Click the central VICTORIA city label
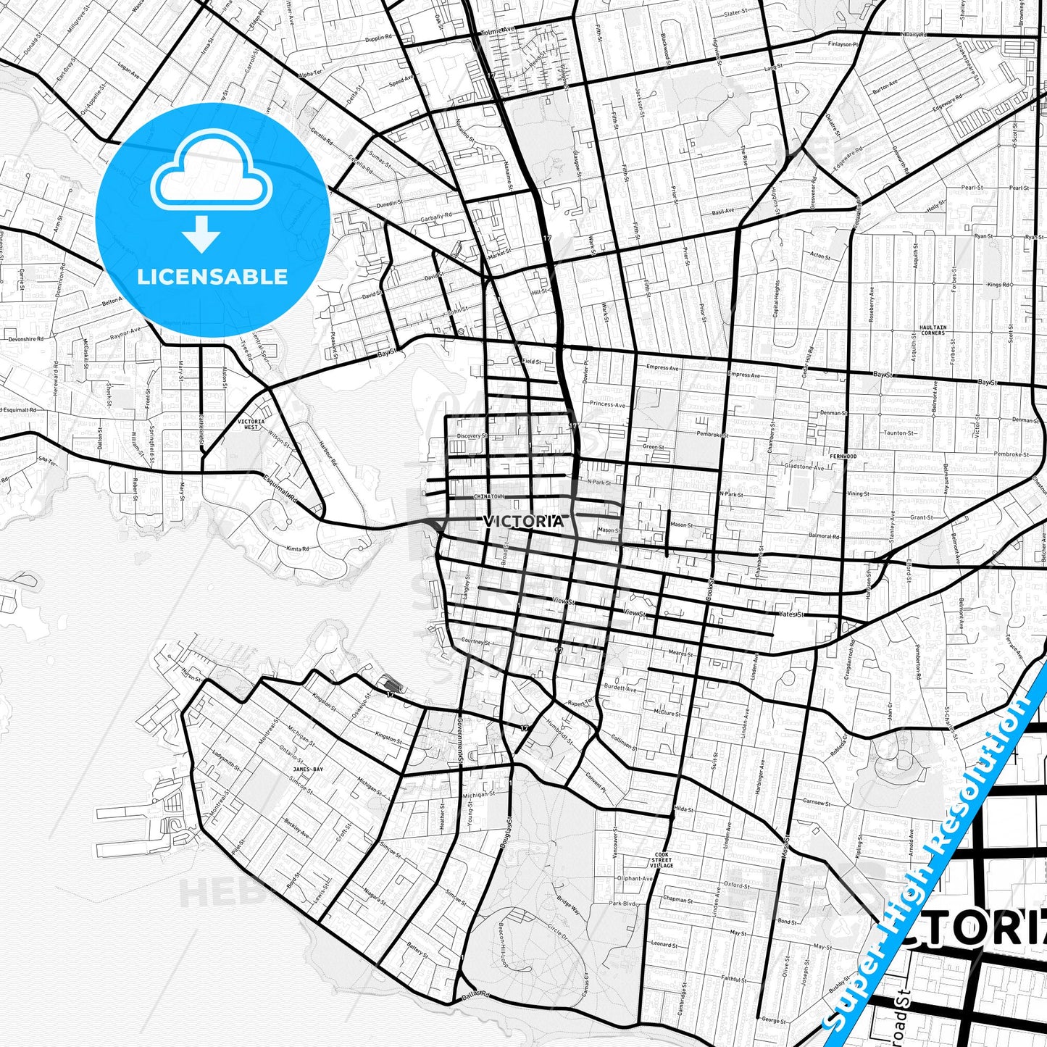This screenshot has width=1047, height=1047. click(522, 521)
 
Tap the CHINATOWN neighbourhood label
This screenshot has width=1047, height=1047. click(488, 496)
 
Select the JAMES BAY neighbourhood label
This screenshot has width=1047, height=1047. click(308, 769)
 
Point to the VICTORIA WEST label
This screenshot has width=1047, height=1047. click(251, 424)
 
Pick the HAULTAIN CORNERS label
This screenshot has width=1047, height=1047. click(933, 330)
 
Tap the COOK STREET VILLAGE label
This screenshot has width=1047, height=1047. click(661, 860)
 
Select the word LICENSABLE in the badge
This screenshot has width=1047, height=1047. click(212, 276)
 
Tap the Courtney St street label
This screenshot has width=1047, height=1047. click(476, 642)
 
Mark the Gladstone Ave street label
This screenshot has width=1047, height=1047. click(804, 467)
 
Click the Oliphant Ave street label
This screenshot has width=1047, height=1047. click(635, 878)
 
